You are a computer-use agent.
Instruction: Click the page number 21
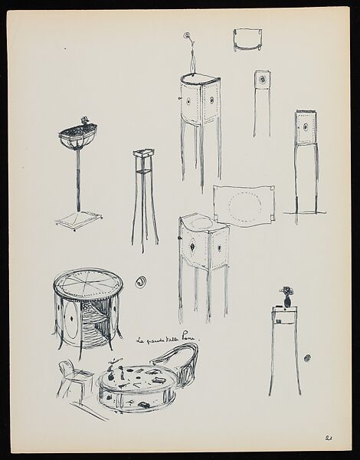327,439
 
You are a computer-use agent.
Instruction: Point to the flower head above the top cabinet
187,35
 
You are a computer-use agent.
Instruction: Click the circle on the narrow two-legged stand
263,79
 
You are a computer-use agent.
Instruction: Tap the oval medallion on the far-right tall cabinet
306,127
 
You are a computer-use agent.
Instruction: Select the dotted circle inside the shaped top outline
245,205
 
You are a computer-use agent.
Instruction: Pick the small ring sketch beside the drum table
140,281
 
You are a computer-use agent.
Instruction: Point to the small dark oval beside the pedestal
308,358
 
